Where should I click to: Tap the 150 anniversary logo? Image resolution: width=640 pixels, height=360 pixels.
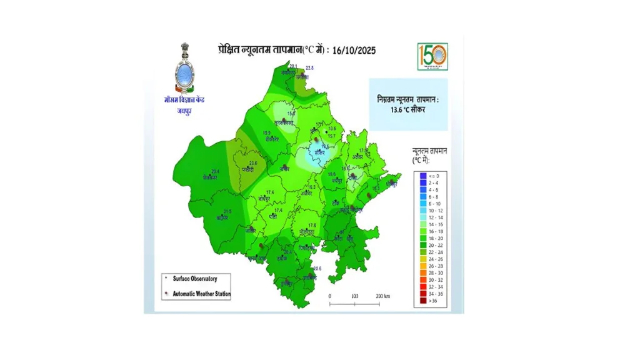[432, 56]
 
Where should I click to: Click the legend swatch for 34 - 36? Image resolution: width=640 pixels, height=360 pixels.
[423, 293]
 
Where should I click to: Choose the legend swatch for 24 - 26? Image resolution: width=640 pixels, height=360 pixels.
[423, 258]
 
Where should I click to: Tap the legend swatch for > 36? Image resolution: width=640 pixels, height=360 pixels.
[423, 301]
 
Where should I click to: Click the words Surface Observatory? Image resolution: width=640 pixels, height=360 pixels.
[194, 279]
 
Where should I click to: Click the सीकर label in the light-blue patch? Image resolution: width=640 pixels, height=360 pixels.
[320, 151]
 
